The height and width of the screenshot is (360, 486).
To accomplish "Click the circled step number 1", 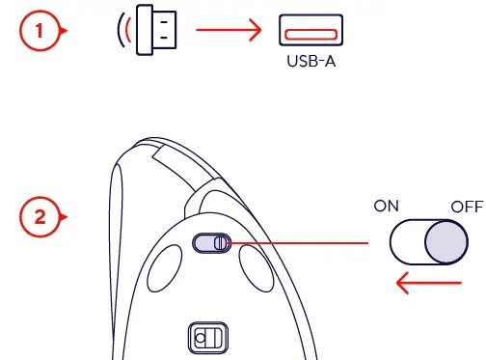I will (x=39, y=31).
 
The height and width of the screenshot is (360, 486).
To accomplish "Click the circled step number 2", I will (x=39, y=217).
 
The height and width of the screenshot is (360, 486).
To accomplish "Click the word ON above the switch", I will (x=388, y=206).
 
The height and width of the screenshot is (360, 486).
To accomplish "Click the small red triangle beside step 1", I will (x=66, y=31).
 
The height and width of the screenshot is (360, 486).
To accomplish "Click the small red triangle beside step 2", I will (x=66, y=217).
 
